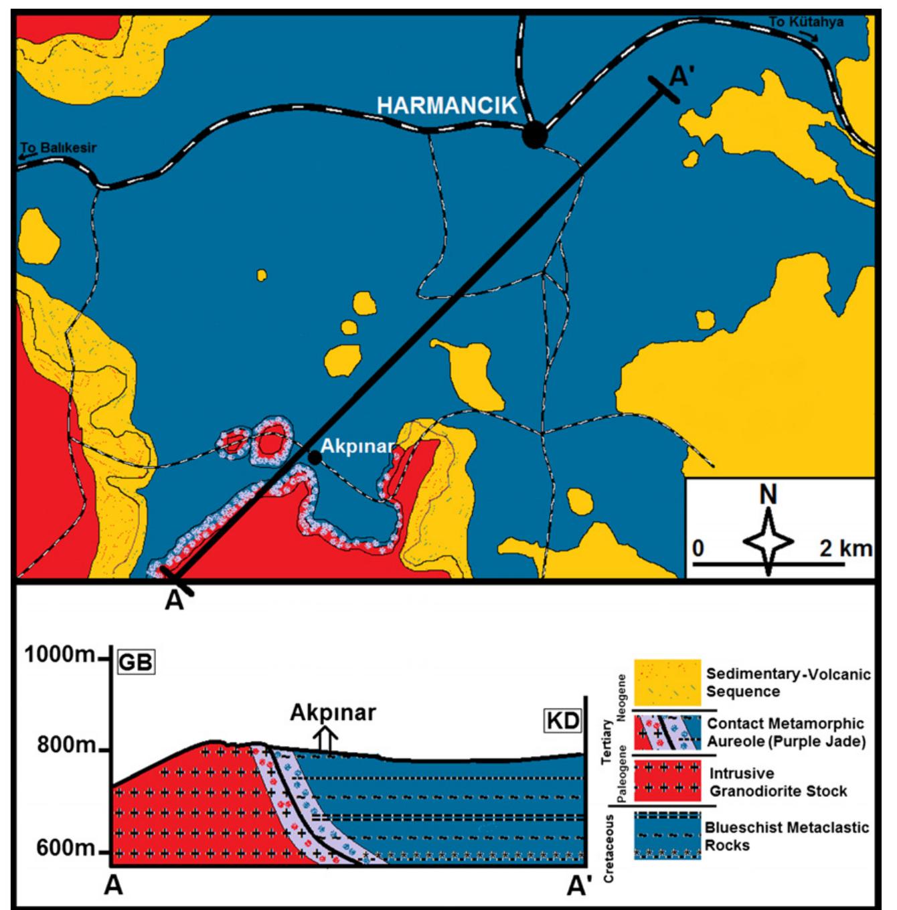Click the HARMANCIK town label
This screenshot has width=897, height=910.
[x=446, y=106]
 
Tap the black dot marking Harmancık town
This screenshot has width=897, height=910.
[x=535, y=135]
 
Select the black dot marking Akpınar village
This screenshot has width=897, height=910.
[x=313, y=457]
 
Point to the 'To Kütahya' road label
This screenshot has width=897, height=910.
[x=805, y=22]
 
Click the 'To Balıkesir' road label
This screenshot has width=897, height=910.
[x=58, y=148]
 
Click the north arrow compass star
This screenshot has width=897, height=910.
[x=769, y=541]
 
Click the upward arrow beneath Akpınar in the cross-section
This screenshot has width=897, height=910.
[x=327, y=739]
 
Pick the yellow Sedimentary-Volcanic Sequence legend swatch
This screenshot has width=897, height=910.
[x=667, y=682]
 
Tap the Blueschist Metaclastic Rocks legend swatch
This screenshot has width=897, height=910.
[x=667, y=836]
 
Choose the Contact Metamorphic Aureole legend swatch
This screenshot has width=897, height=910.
[x=667, y=732]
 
